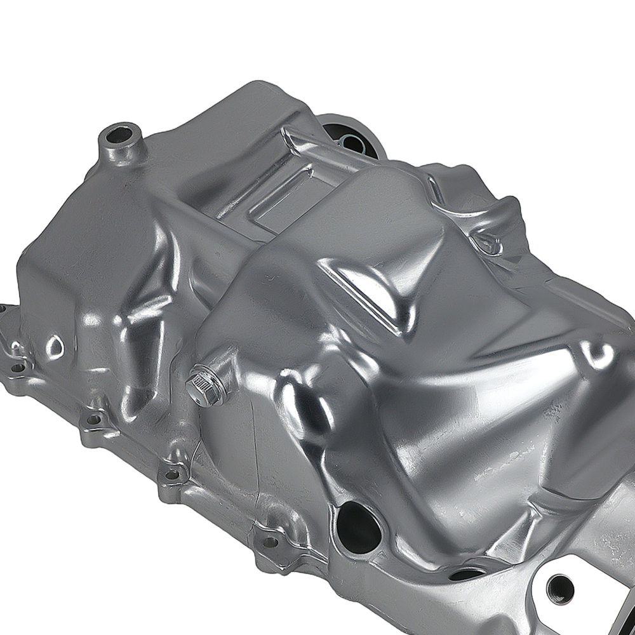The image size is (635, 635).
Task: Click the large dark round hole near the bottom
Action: pyautogui.click(x=358, y=526)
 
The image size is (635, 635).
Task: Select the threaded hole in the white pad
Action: pyautogui.click(x=561, y=588)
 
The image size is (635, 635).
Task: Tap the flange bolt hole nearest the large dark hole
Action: pyautogui.click(x=270, y=542)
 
